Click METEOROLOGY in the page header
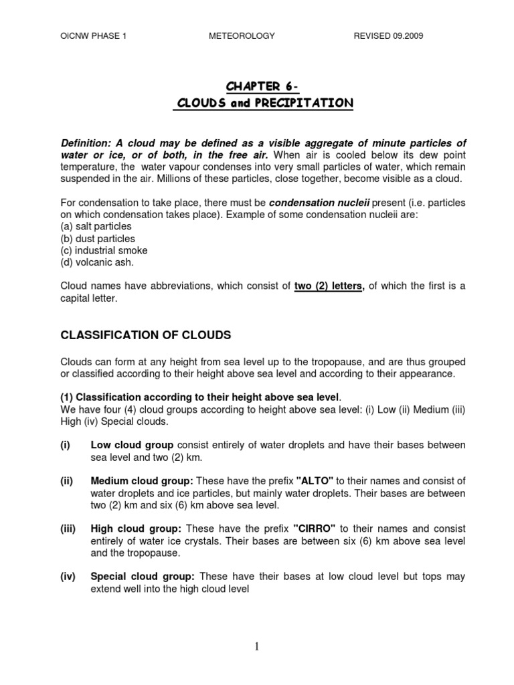(x=242, y=36)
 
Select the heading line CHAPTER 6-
(x=257, y=86)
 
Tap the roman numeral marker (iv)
(x=68, y=576)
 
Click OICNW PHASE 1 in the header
(x=94, y=36)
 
